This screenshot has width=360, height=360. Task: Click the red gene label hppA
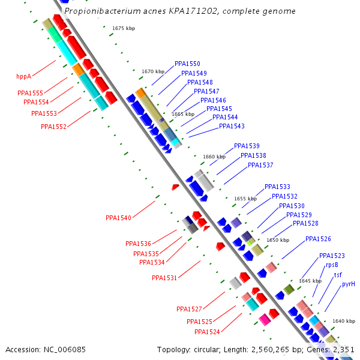(23, 77)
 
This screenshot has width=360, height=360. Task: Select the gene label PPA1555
(30, 93)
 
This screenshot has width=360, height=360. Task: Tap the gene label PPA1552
(53, 127)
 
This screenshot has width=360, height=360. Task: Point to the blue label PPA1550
(187, 64)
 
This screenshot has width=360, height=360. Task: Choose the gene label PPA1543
(232, 126)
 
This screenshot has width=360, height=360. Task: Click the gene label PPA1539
(247, 146)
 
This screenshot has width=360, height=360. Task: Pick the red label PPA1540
(118, 218)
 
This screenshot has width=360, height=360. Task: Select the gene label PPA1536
(138, 244)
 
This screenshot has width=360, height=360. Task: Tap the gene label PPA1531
(164, 278)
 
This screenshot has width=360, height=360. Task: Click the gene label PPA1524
(207, 332)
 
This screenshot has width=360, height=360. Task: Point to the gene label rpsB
(332, 265)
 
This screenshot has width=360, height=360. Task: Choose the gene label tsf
(338, 275)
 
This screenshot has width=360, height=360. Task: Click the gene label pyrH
(349, 284)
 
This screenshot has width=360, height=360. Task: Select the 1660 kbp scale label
(214, 157)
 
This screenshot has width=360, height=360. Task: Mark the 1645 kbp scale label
(310, 281)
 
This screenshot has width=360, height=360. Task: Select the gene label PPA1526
(318, 239)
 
